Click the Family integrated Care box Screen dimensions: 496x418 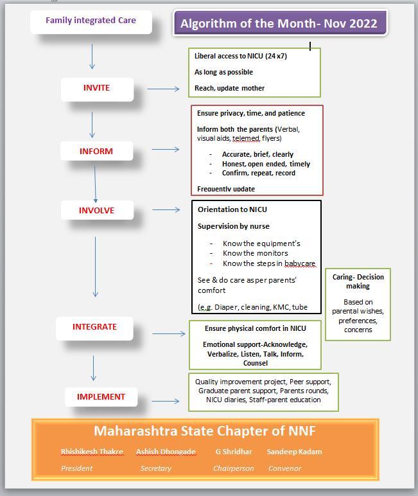tap(91, 21)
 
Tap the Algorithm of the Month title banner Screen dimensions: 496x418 tap(279, 24)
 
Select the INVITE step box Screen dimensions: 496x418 tap(97, 89)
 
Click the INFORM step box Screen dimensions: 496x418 tap(96, 152)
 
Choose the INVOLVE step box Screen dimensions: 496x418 tap(97, 211)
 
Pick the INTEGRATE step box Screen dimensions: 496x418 tap(94, 327)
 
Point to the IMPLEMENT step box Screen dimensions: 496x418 tap(101, 397)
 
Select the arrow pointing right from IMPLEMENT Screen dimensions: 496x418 tap(165, 402)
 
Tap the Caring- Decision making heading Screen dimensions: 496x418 tap(358, 281)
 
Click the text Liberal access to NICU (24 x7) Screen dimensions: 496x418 tap(241, 57)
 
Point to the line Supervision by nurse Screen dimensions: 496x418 tap(234, 226)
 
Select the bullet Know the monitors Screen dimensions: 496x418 tap(256, 253)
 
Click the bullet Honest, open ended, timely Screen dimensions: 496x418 tap(266, 164)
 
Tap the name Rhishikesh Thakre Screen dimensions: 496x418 tap(92, 452)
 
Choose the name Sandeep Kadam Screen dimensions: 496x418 tap(294, 452)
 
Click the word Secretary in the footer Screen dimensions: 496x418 tap(156, 468)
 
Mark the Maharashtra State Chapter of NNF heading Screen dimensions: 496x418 tap(205, 431)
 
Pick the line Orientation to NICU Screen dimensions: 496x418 tap(232, 209)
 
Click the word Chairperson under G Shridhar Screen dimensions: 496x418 tap(234, 468)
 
